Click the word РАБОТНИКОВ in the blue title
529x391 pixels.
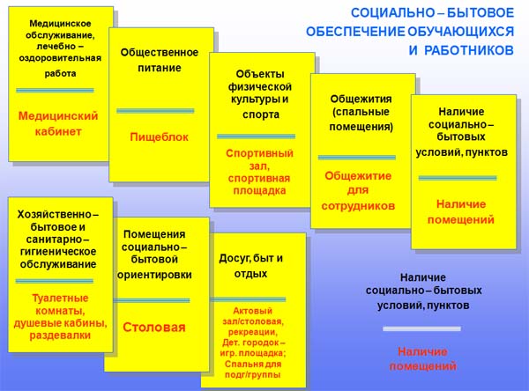click(469, 50)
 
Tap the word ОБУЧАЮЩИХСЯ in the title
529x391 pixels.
click(460, 32)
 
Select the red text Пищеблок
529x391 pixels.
click(159, 137)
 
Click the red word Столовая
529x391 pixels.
click(154, 327)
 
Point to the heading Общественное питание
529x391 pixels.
click(160, 60)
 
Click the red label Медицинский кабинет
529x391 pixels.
click(58, 123)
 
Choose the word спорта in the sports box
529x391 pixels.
click(260, 114)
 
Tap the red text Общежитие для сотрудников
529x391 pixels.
click(358, 190)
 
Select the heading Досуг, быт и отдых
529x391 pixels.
click(250, 266)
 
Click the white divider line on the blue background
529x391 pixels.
click(421, 328)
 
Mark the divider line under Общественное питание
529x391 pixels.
click(155, 111)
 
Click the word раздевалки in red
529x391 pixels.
click(60, 336)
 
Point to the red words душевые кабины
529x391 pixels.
click(60, 323)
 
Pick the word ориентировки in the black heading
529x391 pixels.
click(154, 275)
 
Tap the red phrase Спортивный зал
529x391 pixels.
click(259, 159)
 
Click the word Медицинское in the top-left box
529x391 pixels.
click(60, 23)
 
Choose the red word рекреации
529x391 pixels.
click(253, 332)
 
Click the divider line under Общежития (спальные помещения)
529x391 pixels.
click(356, 158)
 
